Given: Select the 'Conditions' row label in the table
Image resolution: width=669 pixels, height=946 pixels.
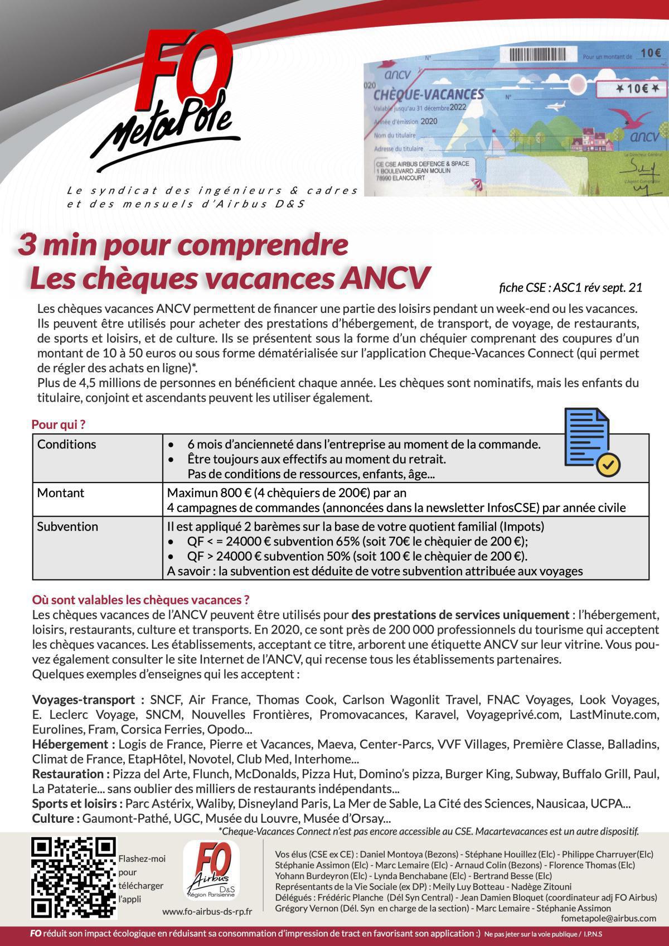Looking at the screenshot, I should tap(67, 445).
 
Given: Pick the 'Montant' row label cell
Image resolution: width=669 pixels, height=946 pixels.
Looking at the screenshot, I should tap(61, 493).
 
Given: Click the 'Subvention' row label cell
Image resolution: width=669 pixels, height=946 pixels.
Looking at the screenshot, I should tap(67, 527).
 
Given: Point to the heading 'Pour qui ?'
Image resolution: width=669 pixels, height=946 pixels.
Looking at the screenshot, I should tap(59, 424).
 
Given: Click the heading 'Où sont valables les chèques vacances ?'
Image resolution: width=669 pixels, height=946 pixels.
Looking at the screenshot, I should tap(140, 600).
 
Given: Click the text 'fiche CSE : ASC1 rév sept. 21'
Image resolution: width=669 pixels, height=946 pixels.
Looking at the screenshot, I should tap(570, 288).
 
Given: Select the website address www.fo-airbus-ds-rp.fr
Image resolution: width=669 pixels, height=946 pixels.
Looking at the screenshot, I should tap(207, 911).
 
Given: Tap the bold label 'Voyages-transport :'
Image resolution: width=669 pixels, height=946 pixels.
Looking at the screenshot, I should tap(88, 699).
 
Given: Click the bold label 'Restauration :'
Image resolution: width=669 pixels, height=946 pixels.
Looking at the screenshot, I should tap(71, 774).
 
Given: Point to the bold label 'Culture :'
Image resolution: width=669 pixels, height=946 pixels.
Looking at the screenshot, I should tap(56, 818).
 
